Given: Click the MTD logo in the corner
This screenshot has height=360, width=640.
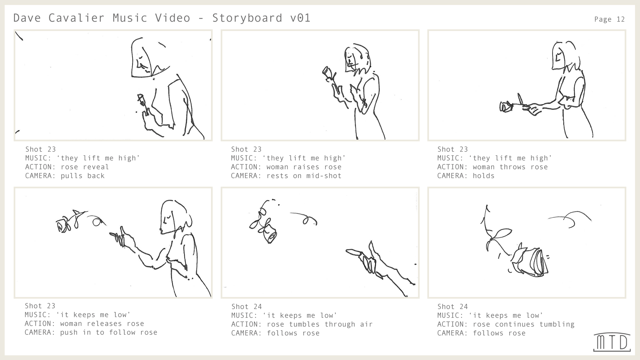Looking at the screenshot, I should [x=612, y=342].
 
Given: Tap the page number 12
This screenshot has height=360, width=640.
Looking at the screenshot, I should [x=620, y=19].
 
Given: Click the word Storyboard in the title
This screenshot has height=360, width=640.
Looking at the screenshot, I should [x=247, y=18].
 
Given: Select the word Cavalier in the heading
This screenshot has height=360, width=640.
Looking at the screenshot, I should [x=76, y=18].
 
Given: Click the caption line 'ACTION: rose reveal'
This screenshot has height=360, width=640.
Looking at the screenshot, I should [x=67, y=167].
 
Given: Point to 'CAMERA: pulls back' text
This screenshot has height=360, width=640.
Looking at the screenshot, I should [x=65, y=176].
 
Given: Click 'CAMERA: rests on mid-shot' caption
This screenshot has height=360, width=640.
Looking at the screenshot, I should [x=286, y=176].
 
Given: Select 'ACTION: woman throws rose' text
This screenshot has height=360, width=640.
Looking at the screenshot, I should [x=492, y=167].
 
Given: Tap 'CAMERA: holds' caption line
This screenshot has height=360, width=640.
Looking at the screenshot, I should [x=466, y=176].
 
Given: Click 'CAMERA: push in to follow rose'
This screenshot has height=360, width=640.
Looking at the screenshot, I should [x=91, y=332].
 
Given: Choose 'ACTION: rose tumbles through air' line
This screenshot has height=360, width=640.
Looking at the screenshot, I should [x=302, y=324].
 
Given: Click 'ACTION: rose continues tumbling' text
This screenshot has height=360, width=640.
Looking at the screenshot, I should [x=506, y=324].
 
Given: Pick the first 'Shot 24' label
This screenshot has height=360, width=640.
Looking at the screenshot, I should [x=246, y=307].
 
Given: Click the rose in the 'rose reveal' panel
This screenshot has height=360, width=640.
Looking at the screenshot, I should [x=141, y=99].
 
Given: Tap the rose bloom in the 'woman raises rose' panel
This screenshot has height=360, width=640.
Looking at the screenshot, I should [x=327, y=72].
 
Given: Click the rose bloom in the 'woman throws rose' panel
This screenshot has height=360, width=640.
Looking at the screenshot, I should [x=506, y=107].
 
